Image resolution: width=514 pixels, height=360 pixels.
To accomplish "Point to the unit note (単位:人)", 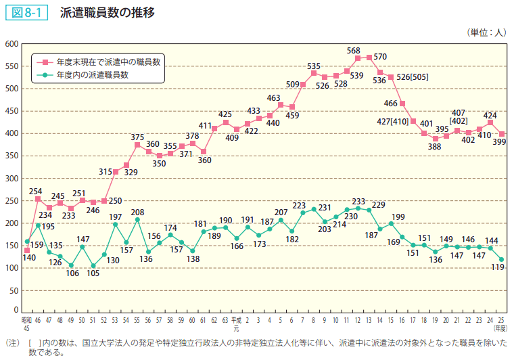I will (x=486, y=32).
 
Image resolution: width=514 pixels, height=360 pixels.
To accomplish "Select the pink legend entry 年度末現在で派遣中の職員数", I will (x=108, y=62).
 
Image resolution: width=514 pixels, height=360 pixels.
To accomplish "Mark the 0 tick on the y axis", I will (x=14, y=291).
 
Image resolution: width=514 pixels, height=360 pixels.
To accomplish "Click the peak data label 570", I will (x=379, y=56).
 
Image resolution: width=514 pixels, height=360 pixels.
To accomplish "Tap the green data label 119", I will (x=499, y=268).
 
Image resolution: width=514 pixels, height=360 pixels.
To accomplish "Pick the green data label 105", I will (x=93, y=273).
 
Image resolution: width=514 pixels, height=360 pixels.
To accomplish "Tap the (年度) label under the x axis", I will (x=501, y=328).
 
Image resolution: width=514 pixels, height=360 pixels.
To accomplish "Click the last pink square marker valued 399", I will (x=501, y=134).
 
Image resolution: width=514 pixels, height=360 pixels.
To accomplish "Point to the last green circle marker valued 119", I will (x=501, y=259).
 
